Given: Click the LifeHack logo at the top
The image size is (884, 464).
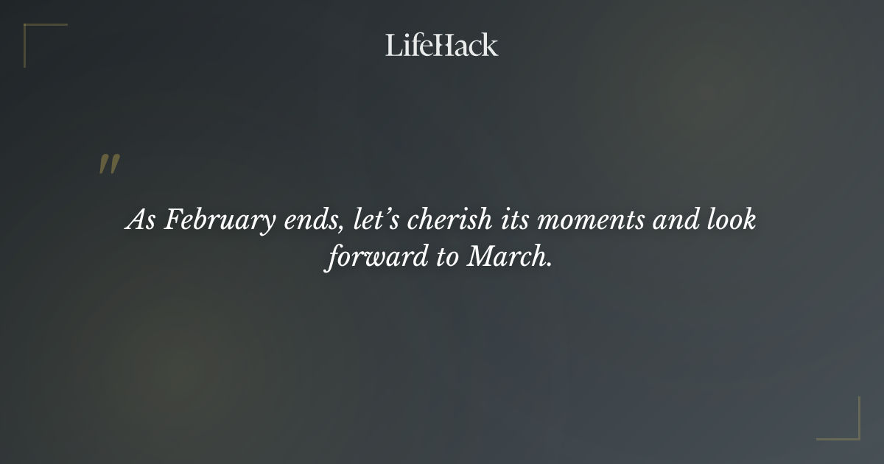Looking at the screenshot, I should pyautogui.click(x=441, y=45).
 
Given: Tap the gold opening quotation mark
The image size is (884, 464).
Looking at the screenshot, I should pyautogui.click(x=108, y=164).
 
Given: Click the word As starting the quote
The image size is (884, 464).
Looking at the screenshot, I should pyautogui.click(x=139, y=220).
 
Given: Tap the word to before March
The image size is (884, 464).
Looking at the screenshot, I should pyautogui.click(x=447, y=259).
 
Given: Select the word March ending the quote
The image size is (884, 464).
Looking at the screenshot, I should pyautogui.click(x=509, y=259).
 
